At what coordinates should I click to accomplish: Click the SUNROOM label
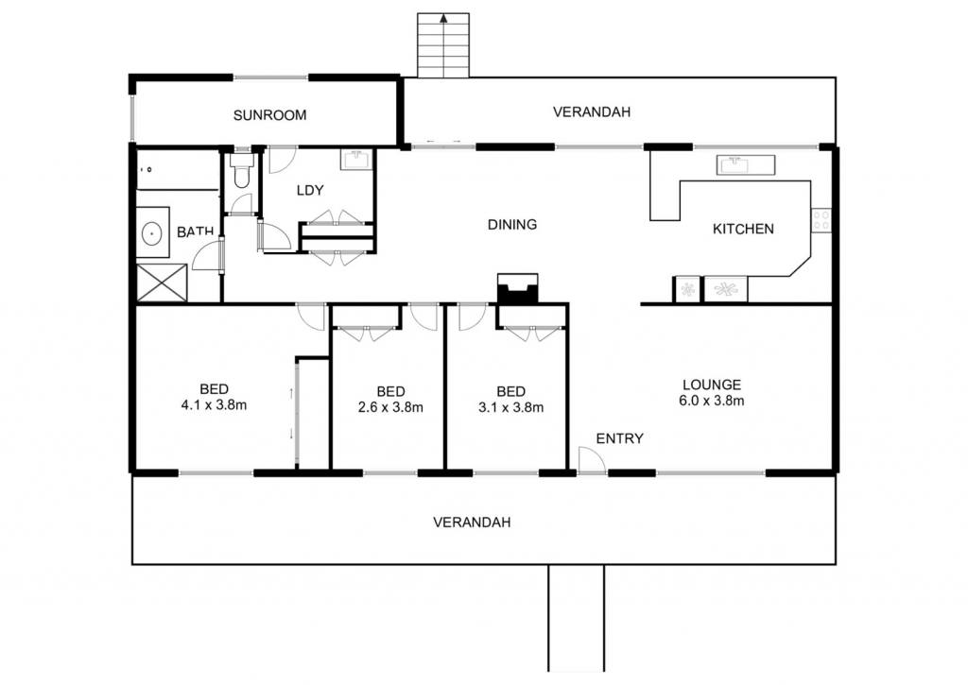[x=269, y=114]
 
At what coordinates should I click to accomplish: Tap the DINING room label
[x=512, y=225]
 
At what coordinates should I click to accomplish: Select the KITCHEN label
[x=743, y=229]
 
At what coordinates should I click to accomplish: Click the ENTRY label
[x=620, y=438]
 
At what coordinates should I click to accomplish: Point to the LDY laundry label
[x=310, y=190]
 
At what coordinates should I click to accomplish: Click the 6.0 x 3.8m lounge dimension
[x=712, y=401]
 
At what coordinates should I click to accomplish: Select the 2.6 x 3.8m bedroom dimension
[x=390, y=407]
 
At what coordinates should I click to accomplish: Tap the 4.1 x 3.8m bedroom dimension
[x=215, y=404]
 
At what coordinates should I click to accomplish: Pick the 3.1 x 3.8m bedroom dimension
[x=511, y=407]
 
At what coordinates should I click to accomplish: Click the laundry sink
[x=356, y=160]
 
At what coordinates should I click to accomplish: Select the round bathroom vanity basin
[x=152, y=233]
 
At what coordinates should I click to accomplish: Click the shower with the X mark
[x=161, y=283]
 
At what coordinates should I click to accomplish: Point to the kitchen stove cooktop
[x=821, y=220]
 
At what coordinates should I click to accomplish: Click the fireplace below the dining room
[x=517, y=288]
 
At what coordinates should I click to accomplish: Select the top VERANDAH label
[x=592, y=111]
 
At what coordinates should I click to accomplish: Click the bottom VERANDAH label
[x=472, y=522]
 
